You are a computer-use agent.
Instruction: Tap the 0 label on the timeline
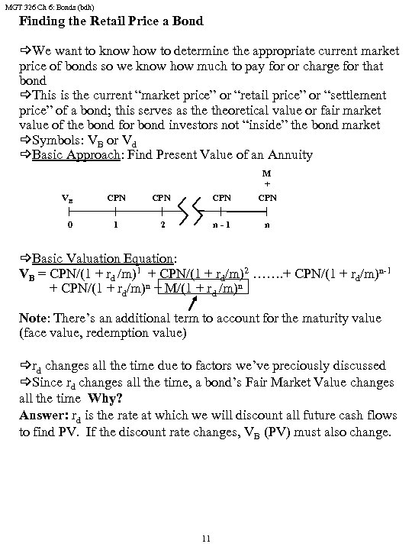coord(69,226)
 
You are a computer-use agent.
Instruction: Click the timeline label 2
coord(163,226)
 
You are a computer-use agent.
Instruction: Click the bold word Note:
coord(36,318)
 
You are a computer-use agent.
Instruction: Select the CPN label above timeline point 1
coord(116,198)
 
